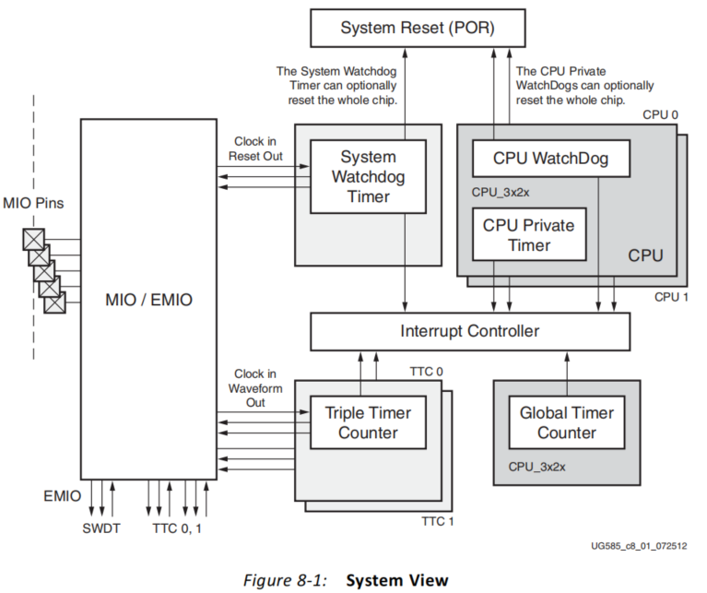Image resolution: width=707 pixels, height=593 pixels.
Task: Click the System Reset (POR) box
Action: (x=418, y=28)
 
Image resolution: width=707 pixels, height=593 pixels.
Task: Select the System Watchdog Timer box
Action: (x=368, y=177)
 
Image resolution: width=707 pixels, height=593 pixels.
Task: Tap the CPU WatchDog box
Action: (x=551, y=159)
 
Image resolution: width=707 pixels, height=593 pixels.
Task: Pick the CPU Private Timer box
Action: (x=529, y=234)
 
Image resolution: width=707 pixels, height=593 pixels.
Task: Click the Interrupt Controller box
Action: (x=470, y=331)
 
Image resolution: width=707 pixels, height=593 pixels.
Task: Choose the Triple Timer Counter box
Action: (x=368, y=422)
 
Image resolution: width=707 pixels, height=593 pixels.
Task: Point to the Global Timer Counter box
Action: (x=567, y=422)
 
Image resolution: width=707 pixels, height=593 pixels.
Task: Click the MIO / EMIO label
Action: (x=148, y=300)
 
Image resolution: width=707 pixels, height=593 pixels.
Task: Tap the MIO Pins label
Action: (x=33, y=204)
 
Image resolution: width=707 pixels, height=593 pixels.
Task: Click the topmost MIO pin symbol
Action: (x=34, y=240)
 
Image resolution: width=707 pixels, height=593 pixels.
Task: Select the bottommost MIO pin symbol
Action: (x=54, y=302)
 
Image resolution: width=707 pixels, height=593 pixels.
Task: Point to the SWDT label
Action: (x=101, y=528)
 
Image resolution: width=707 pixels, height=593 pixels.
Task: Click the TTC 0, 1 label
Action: (x=177, y=528)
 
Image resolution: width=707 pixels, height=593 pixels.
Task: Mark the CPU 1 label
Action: (x=671, y=298)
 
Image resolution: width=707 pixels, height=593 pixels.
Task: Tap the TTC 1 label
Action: (x=438, y=522)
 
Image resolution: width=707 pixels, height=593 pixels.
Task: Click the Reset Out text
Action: (x=255, y=156)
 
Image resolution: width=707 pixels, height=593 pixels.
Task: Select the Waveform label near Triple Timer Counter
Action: (x=255, y=388)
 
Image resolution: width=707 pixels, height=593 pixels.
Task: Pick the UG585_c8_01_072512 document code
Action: (x=639, y=546)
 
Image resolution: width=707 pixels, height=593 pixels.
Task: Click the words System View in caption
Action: (x=397, y=580)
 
